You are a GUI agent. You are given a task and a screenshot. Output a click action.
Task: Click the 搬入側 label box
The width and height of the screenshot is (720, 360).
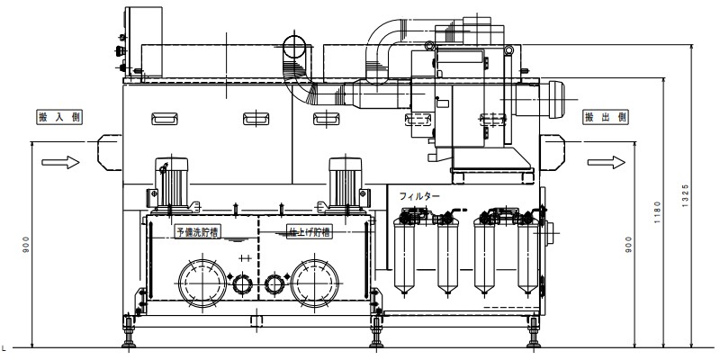[x=59, y=117]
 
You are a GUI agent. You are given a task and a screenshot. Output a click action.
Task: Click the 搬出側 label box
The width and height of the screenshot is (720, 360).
[x=606, y=117]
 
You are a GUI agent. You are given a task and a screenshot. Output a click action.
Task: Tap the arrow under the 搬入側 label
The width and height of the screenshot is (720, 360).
[x=60, y=162]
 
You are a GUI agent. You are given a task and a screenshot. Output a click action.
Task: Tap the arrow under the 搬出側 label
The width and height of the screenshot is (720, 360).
[x=606, y=162]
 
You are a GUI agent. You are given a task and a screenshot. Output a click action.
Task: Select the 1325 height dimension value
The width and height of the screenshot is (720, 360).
[x=686, y=195]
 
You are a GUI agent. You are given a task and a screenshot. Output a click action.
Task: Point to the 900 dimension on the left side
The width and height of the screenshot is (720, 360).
[x=26, y=245]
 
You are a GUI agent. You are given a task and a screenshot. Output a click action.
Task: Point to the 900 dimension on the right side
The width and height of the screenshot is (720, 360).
[x=628, y=245]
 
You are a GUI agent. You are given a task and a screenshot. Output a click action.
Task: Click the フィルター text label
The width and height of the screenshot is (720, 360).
[x=419, y=196]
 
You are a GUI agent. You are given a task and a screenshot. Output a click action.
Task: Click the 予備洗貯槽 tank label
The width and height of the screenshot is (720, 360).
[x=197, y=231]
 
